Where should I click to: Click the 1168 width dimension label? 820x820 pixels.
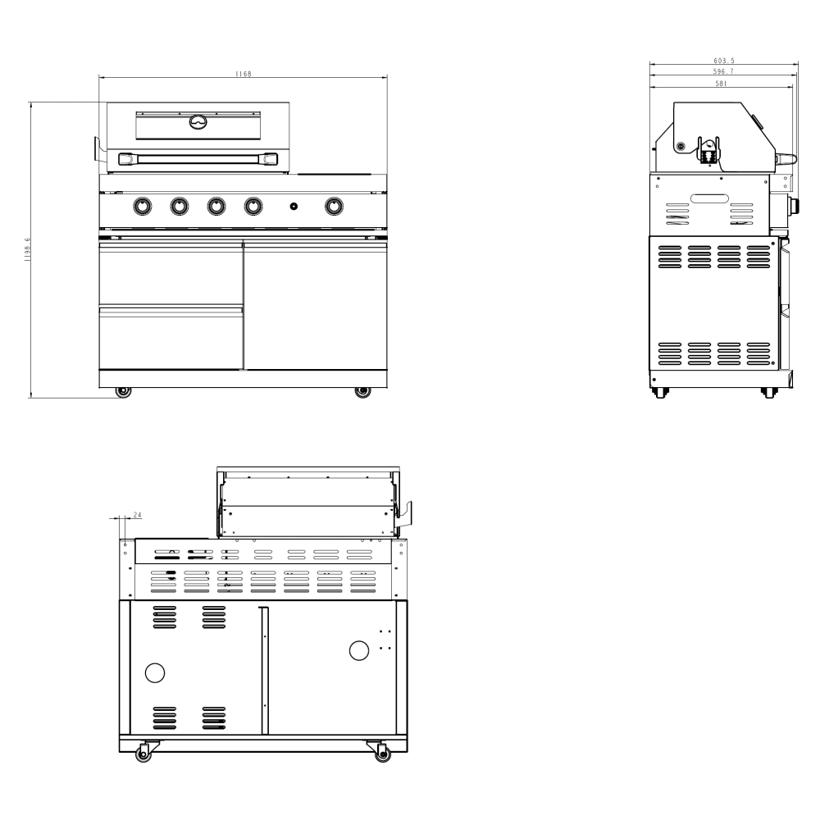pos(243,74)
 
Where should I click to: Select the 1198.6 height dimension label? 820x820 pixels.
pos(27,249)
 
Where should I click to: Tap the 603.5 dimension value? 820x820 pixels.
pos(722,60)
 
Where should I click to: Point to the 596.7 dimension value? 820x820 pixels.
pos(722,71)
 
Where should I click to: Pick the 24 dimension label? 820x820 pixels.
pos(137,515)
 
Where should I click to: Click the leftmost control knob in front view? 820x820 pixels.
pos(142,207)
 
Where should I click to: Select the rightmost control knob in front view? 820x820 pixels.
pos(334,207)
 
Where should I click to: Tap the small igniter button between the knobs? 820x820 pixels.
pos(294,207)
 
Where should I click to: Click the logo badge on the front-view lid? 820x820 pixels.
pos(198,122)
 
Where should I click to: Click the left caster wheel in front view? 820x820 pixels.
pos(123,392)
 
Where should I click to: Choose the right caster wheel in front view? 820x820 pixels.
pos(362,392)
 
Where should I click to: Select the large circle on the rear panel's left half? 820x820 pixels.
pos(154,672)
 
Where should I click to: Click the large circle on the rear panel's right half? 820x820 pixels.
pos(359,650)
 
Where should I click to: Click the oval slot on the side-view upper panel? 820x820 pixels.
pos(709,198)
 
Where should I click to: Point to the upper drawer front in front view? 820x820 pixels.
pos(171,272)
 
